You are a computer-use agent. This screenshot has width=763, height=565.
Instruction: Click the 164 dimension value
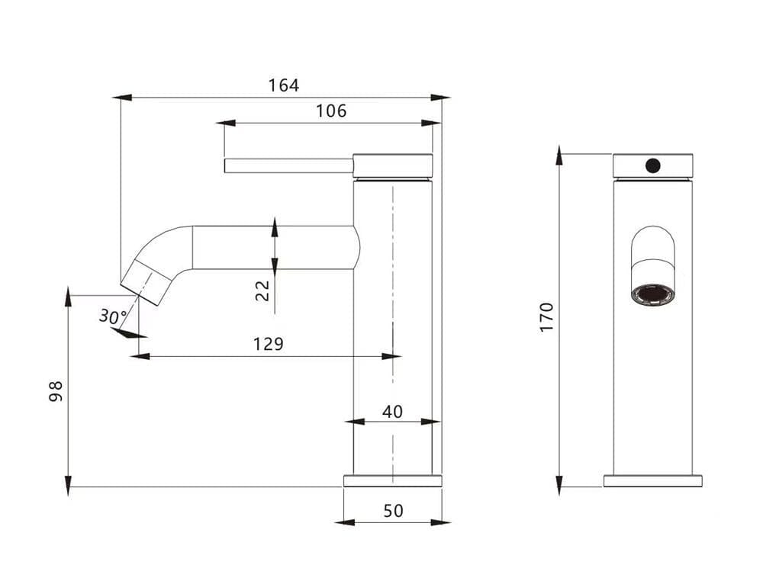(x=283, y=85)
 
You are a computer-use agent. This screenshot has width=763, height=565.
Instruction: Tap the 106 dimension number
(x=331, y=111)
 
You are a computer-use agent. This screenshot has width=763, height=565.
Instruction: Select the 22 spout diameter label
(x=263, y=290)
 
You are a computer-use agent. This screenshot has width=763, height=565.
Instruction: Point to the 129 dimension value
(x=268, y=344)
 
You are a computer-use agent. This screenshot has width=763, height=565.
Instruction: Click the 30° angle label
(x=113, y=316)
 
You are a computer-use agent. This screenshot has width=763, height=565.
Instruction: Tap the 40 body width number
(x=392, y=412)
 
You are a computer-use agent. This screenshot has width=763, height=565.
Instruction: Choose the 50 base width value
(x=393, y=511)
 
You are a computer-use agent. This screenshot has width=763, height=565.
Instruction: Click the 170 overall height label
(x=546, y=316)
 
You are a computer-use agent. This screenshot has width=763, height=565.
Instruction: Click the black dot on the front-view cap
(x=652, y=165)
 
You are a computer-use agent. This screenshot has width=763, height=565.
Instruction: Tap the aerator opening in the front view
(x=653, y=294)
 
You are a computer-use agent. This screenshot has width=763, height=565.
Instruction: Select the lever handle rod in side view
(x=288, y=165)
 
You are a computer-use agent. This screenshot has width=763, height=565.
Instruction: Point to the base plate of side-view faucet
(x=392, y=480)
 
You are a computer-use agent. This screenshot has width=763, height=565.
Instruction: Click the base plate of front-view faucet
(x=652, y=480)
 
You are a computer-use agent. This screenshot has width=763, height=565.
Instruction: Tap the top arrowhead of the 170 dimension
(x=559, y=156)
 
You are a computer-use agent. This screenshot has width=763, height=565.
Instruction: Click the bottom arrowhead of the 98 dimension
(x=68, y=486)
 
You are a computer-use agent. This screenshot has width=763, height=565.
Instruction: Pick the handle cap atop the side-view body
(x=393, y=165)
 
